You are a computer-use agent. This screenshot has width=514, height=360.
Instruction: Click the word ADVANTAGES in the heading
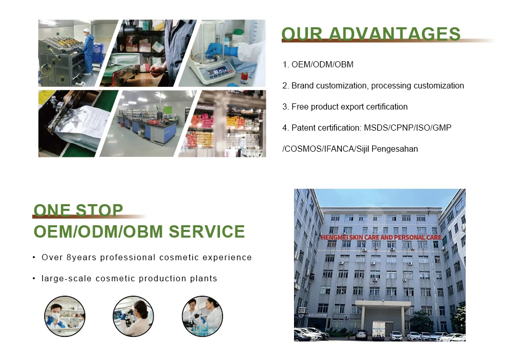(394, 34)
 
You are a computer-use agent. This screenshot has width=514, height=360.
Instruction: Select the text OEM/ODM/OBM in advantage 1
(322, 65)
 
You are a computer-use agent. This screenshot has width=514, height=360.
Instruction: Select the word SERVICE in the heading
(207, 231)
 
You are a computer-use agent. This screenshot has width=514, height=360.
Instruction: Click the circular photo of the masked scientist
(65, 316)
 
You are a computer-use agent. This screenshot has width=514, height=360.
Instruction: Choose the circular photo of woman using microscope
(133, 316)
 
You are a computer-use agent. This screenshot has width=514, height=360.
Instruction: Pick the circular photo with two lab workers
(202, 316)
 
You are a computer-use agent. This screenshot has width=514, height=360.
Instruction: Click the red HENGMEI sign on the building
(381, 237)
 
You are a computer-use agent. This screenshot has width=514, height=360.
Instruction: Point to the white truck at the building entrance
(379, 331)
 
